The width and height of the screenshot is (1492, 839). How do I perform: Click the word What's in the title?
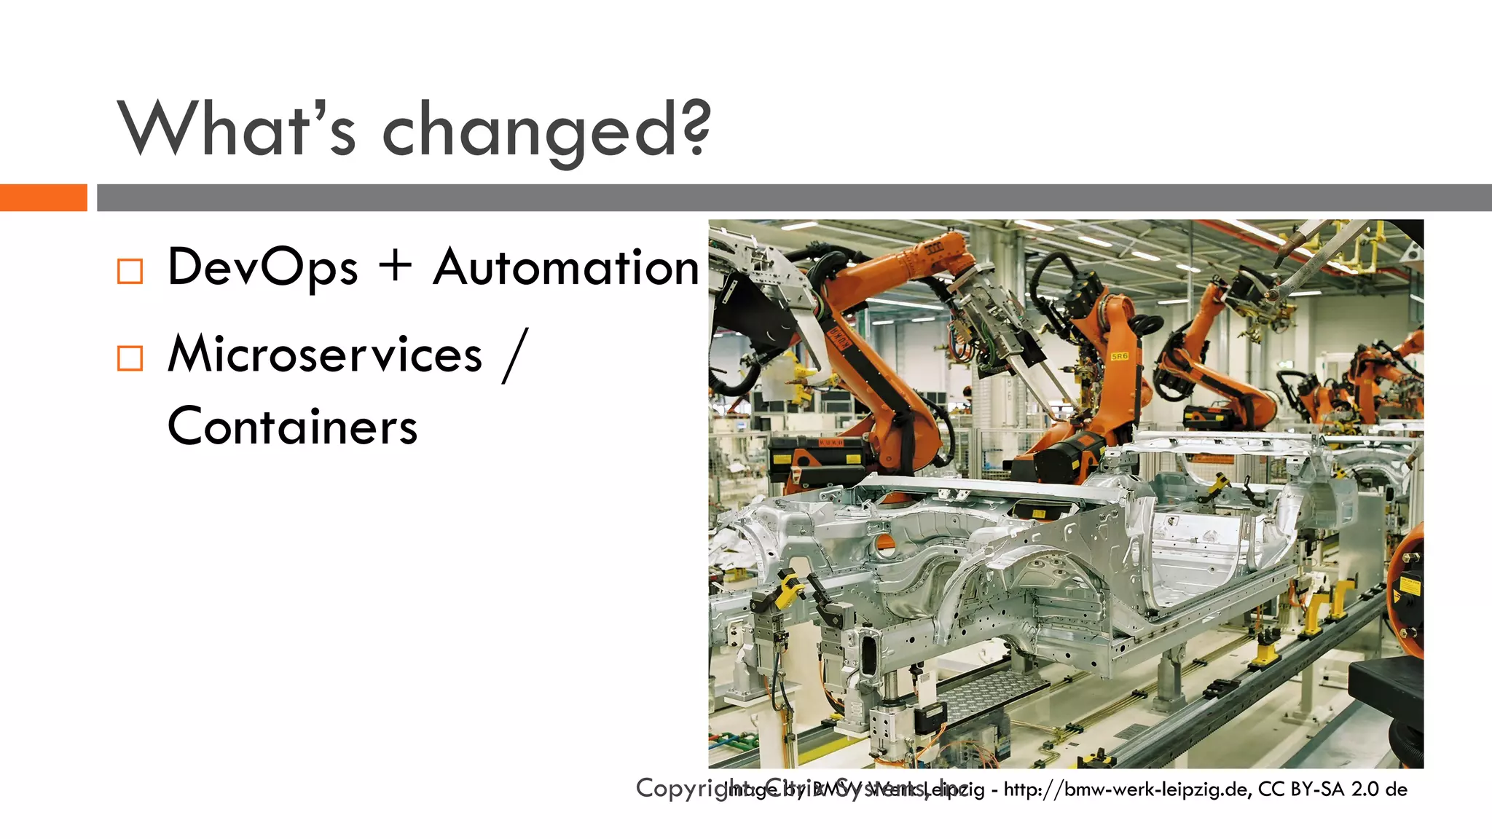237,129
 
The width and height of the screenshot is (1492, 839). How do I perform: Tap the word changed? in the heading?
546,131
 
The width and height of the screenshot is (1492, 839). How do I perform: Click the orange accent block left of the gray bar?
43,197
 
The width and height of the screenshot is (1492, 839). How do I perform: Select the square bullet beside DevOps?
130,271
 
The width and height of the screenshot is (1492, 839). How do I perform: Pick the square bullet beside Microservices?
130,358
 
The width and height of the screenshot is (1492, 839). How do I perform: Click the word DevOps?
262,268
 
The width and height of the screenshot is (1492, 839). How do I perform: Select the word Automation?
566,267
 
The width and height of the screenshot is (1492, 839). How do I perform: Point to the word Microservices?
325,355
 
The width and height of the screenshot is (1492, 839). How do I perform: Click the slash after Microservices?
514,355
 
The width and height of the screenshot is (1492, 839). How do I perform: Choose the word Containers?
292,427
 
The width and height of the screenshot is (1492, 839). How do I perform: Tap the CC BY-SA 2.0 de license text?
1332,789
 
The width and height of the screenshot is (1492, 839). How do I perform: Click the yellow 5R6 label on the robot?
1119,356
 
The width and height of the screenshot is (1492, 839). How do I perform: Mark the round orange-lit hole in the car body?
884,542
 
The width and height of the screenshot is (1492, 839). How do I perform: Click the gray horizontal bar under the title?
794,197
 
